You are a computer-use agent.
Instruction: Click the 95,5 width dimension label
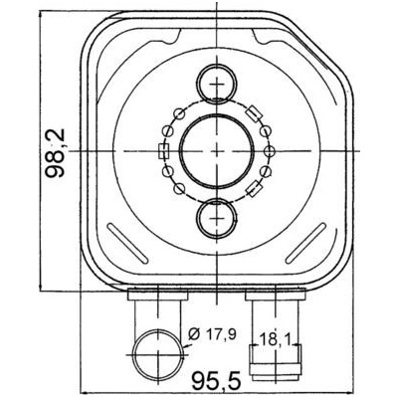[216, 380]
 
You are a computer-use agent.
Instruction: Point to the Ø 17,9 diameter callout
[211, 334]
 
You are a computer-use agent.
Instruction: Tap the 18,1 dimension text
[275, 339]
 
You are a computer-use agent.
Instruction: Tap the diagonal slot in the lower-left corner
[126, 244]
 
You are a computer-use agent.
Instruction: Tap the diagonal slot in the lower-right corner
[305, 244]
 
